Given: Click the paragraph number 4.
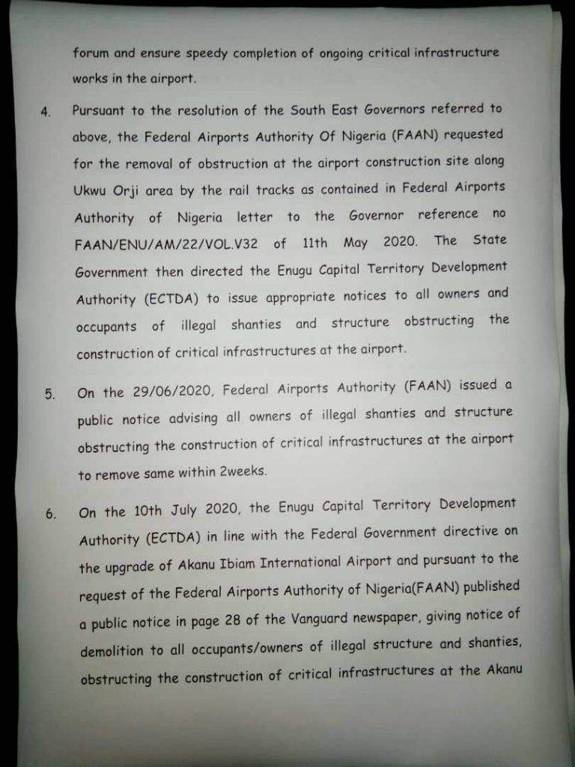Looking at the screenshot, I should click(46, 112).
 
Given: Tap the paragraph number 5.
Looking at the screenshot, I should click(49, 394).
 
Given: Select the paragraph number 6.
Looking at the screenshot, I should click(51, 515).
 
